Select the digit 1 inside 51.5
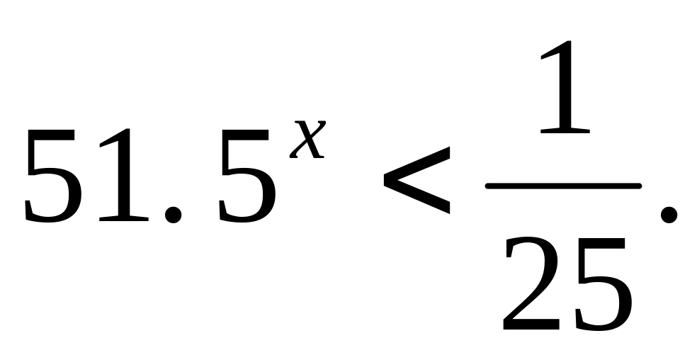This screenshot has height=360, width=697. pyautogui.click(x=124, y=174)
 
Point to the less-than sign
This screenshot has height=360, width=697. pyautogui.click(x=416, y=180)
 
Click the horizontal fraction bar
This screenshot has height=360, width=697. pyautogui.click(x=563, y=186)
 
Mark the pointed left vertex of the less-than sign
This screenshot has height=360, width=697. pyautogui.click(x=385, y=181)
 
